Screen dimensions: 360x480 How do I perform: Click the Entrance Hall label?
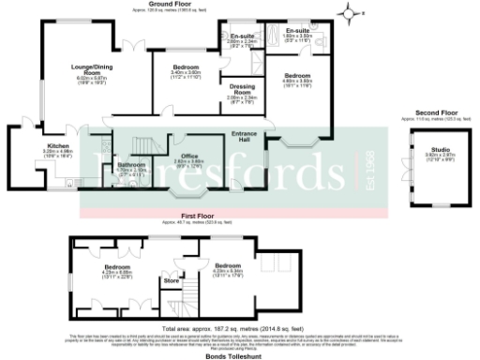[244, 137]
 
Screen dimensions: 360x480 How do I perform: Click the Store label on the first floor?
[171, 280]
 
